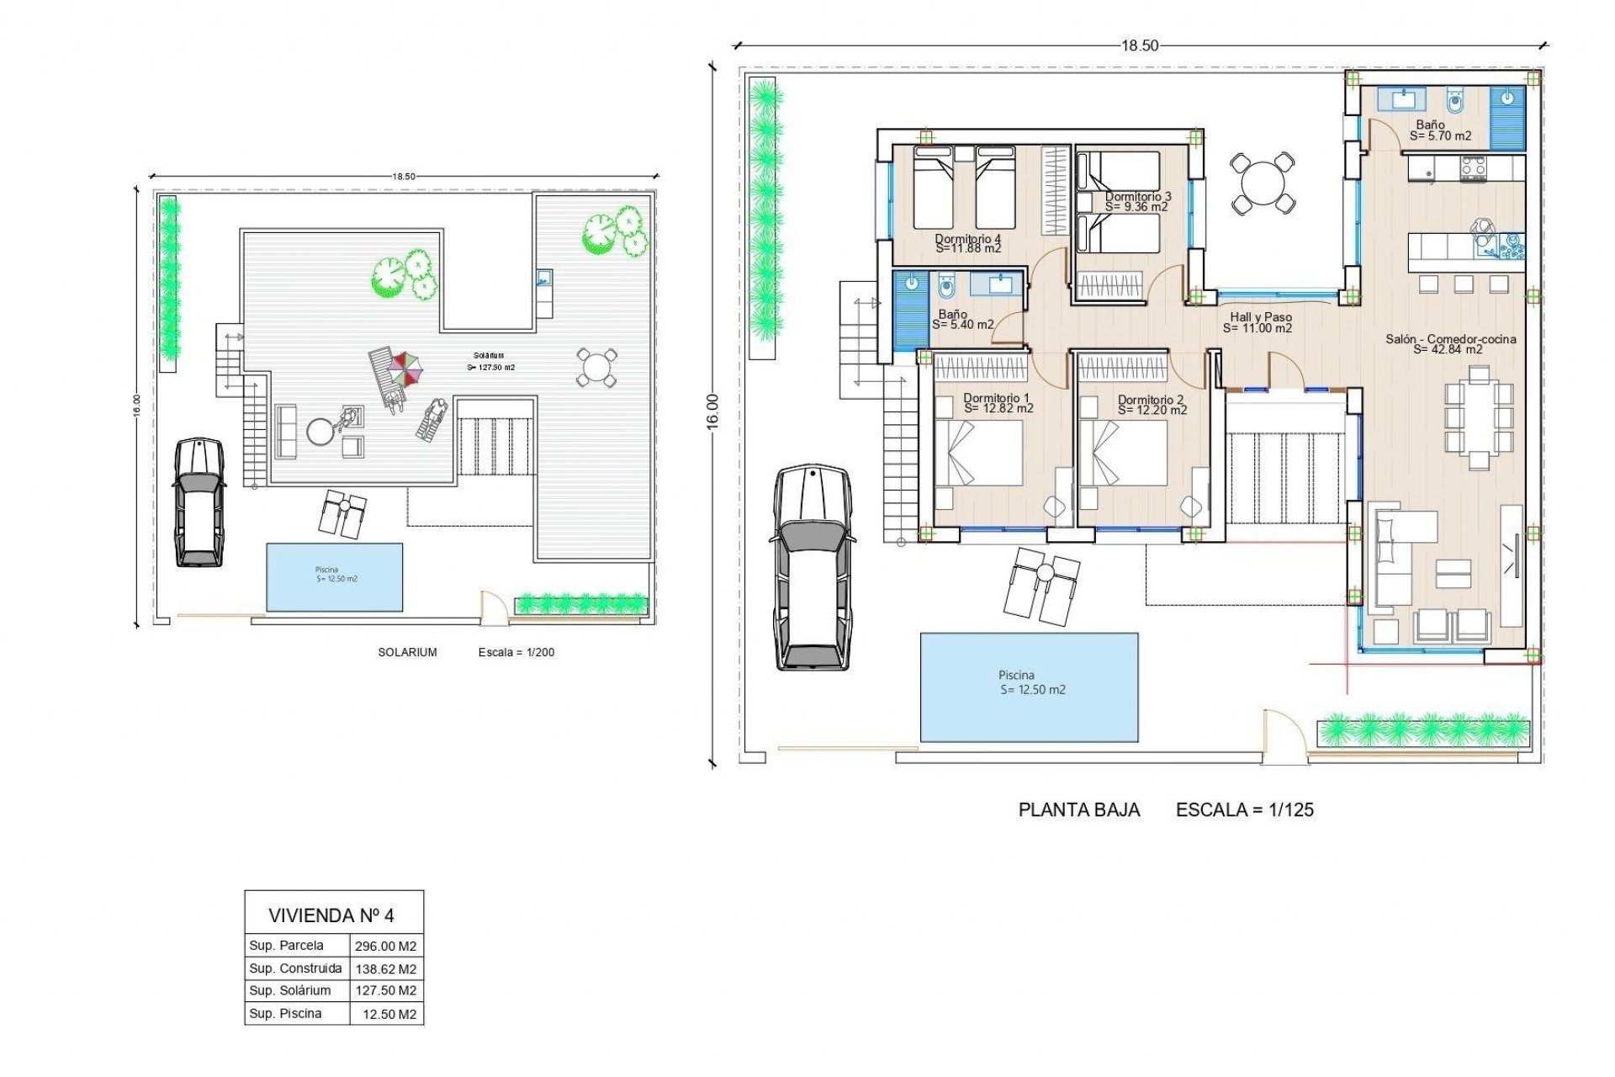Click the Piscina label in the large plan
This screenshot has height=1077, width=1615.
coord(1016,675)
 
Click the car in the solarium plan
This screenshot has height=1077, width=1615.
coord(199,501)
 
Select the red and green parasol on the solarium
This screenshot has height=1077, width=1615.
coord(405,369)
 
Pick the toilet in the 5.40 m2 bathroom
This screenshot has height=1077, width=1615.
coord(945,289)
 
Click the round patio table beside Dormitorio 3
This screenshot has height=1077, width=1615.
coord(1262,182)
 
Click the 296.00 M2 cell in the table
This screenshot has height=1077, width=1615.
coord(386,946)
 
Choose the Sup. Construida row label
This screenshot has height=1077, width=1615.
coord(295,968)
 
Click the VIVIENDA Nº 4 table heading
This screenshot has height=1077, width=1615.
coord(331,915)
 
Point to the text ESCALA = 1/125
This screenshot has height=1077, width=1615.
coord(1244,810)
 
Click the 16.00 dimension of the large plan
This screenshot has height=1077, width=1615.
coord(712,412)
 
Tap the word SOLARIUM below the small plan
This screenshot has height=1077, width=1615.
coord(407,652)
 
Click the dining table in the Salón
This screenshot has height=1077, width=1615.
coord(1479,417)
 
